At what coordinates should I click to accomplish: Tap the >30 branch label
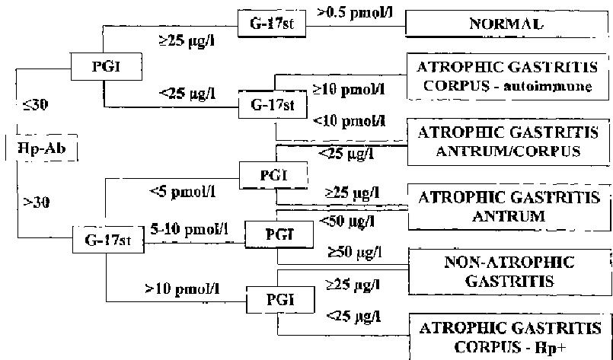tap(34, 201)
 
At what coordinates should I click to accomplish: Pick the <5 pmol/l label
tap(183, 192)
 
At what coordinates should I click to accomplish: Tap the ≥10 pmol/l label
tap(349, 88)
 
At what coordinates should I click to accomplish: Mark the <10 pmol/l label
tap(350, 119)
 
